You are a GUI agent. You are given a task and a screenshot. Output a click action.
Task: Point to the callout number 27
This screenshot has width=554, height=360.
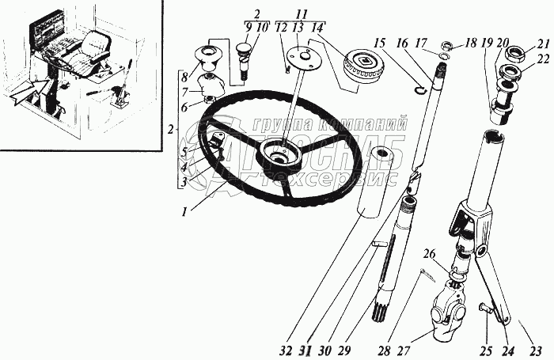pos(406,351)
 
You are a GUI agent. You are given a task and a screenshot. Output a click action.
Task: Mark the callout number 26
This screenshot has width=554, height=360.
pos(430,255)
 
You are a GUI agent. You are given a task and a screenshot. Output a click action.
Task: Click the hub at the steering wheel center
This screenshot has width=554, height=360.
pos(278,150)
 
